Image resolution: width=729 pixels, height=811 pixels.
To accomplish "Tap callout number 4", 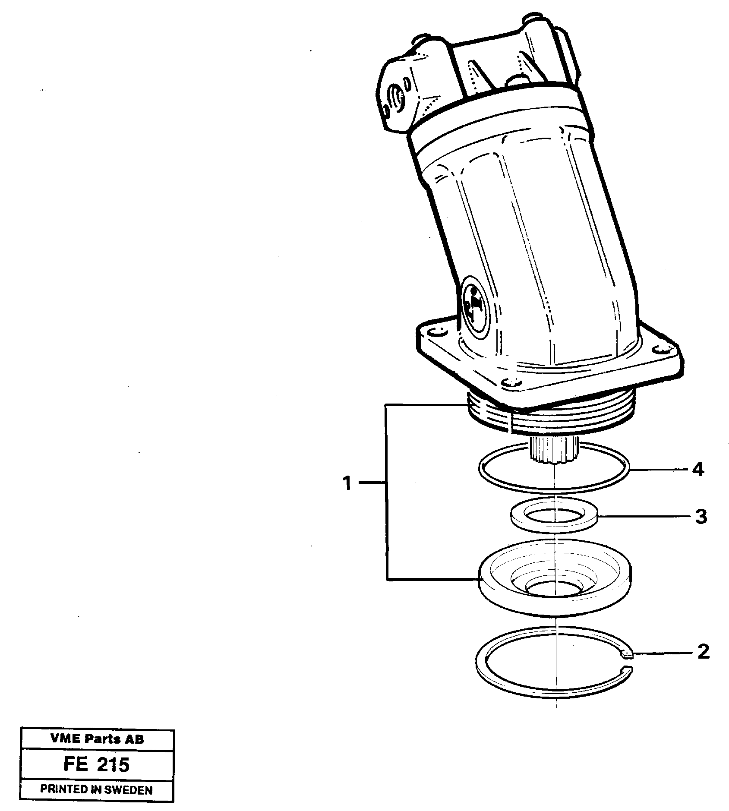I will coord(697,470).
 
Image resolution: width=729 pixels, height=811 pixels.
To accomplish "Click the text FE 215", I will coord(96,765).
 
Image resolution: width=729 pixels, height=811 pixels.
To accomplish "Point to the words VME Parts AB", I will coord(97,739).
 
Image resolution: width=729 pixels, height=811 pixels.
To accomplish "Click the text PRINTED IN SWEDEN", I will coord(96,789).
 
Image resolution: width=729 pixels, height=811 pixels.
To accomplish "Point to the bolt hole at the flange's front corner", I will coord(512,382).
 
